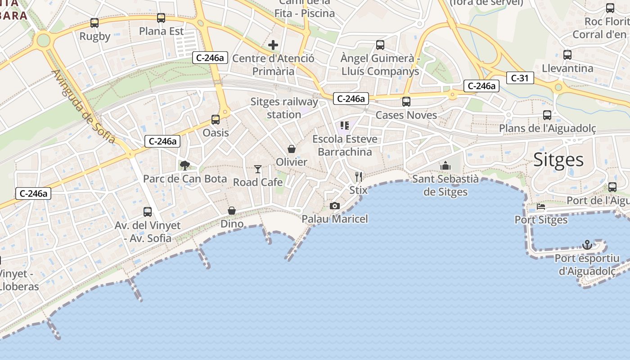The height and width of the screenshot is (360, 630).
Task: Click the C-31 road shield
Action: click(x=520, y=78)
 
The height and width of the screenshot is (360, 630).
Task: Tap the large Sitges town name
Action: click(x=558, y=160)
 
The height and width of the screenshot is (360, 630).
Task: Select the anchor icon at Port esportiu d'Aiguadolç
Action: click(x=587, y=245)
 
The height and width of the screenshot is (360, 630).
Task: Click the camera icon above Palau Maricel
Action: click(x=334, y=206)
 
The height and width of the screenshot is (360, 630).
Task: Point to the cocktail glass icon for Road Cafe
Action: click(x=258, y=169)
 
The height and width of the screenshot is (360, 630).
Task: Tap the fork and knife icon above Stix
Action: click(x=358, y=176)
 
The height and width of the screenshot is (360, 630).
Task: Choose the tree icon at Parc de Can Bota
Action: click(x=184, y=166)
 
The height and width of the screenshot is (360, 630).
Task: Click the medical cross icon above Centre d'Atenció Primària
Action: click(x=273, y=45)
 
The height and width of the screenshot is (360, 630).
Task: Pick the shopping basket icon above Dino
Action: click(x=232, y=211)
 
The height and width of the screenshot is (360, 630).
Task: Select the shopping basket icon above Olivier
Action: click(x=292, y=149)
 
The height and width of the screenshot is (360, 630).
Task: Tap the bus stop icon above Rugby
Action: click(x=94, y=22)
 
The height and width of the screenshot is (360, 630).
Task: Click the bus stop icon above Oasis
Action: click(x=216, y=120)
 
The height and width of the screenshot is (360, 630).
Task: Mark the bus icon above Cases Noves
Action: click(x=406, y=102)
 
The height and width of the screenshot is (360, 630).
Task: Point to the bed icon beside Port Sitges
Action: click(x=541, y=207)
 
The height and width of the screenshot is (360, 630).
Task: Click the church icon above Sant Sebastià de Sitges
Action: click(x=445, y=166)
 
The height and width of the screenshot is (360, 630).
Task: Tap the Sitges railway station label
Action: click(x=284, y=108)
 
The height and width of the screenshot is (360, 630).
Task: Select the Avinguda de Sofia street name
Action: click(x=84, y=107)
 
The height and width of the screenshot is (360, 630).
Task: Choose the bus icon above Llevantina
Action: click(x=567, y=55)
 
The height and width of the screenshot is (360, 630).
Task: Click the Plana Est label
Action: click(x=162, y=31)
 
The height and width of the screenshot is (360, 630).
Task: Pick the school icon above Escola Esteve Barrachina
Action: click(x=345, y=126)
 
